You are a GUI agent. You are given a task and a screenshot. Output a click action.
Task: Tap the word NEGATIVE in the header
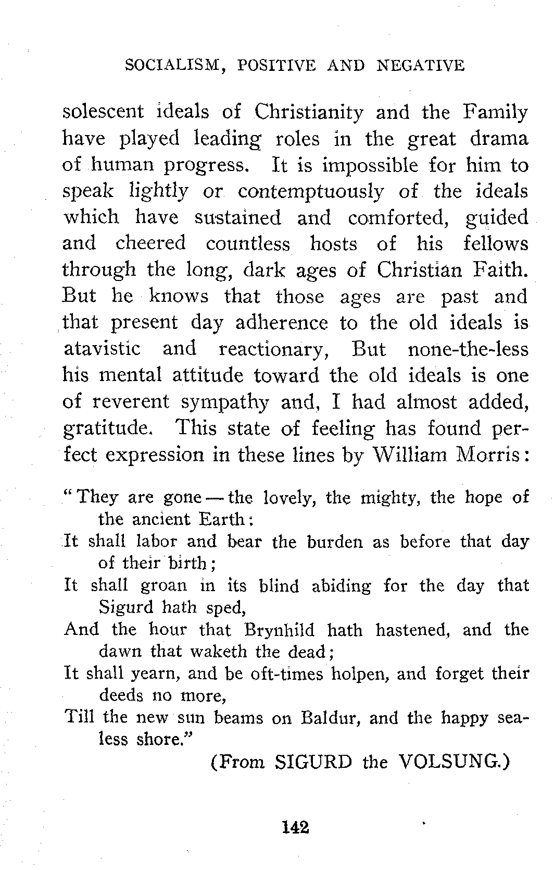click(x=420, y=66)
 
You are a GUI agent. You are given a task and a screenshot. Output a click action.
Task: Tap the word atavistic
click(x=102, y=349)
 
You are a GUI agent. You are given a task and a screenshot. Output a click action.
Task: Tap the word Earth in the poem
click(x=221, y=520)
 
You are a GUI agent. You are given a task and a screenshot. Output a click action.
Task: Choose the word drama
click(x=499, y=139)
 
